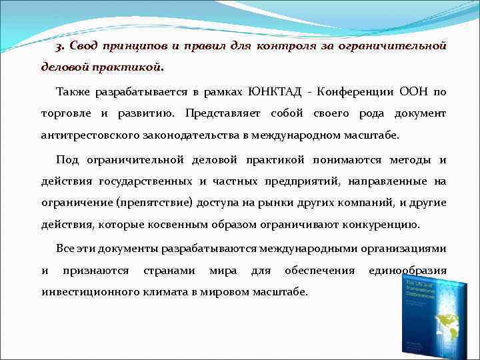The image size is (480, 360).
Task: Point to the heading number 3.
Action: (x=60, y=45)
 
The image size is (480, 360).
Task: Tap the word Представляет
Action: (x=223, y=113)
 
